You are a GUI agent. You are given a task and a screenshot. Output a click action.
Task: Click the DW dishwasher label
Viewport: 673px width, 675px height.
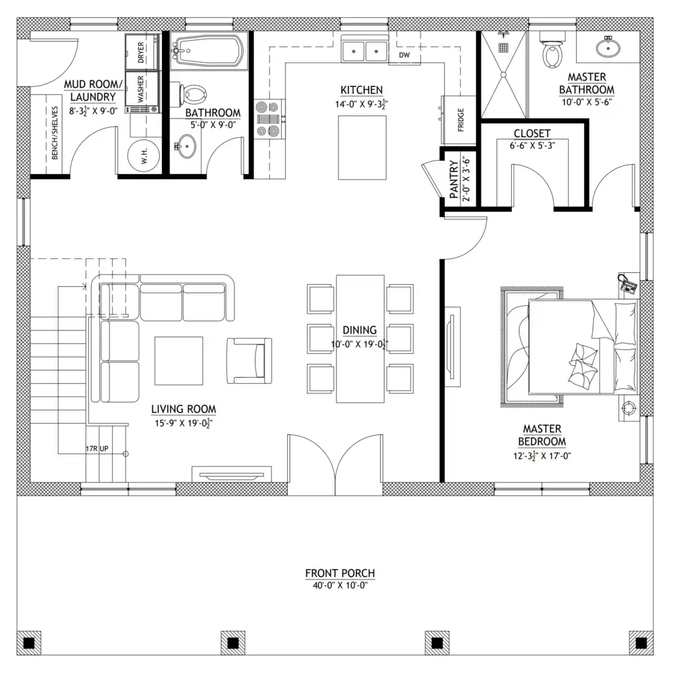(404, 55)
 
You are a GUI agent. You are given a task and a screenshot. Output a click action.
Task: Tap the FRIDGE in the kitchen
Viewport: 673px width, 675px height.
(459, 120)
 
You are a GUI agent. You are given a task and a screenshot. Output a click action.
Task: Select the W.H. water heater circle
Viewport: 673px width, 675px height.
(144, 156)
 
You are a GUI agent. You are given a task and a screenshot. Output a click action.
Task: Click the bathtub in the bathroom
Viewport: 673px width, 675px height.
(209, 51)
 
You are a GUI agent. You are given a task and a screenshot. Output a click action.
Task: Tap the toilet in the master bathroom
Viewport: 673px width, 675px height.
(552, 49)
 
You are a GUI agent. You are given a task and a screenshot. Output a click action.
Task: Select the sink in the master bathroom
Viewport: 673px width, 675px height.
(608, 47)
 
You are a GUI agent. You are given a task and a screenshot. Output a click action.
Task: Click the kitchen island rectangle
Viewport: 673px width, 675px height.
(362, 148)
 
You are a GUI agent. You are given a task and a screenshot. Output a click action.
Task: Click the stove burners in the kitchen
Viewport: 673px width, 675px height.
(268, 119)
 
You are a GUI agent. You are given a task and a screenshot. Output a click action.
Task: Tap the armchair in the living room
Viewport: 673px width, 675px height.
(250, 361)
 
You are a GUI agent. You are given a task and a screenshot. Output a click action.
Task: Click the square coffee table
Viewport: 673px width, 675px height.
(179, 361)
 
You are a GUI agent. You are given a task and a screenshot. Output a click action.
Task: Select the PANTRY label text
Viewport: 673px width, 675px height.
(454, 179)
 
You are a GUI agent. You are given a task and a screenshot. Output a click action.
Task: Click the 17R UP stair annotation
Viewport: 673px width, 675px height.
(97, 448)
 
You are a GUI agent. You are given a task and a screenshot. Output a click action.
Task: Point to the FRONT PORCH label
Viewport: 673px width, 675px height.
(340, 573)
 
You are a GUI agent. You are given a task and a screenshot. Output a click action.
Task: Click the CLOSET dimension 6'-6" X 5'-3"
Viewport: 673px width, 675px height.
(532, 146)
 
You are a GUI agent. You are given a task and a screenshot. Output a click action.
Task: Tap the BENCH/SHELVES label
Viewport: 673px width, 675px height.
(55, 133)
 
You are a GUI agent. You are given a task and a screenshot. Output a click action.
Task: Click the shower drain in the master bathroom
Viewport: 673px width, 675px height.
(503, 47)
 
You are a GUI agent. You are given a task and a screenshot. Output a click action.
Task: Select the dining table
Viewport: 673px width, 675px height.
(360, 339)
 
